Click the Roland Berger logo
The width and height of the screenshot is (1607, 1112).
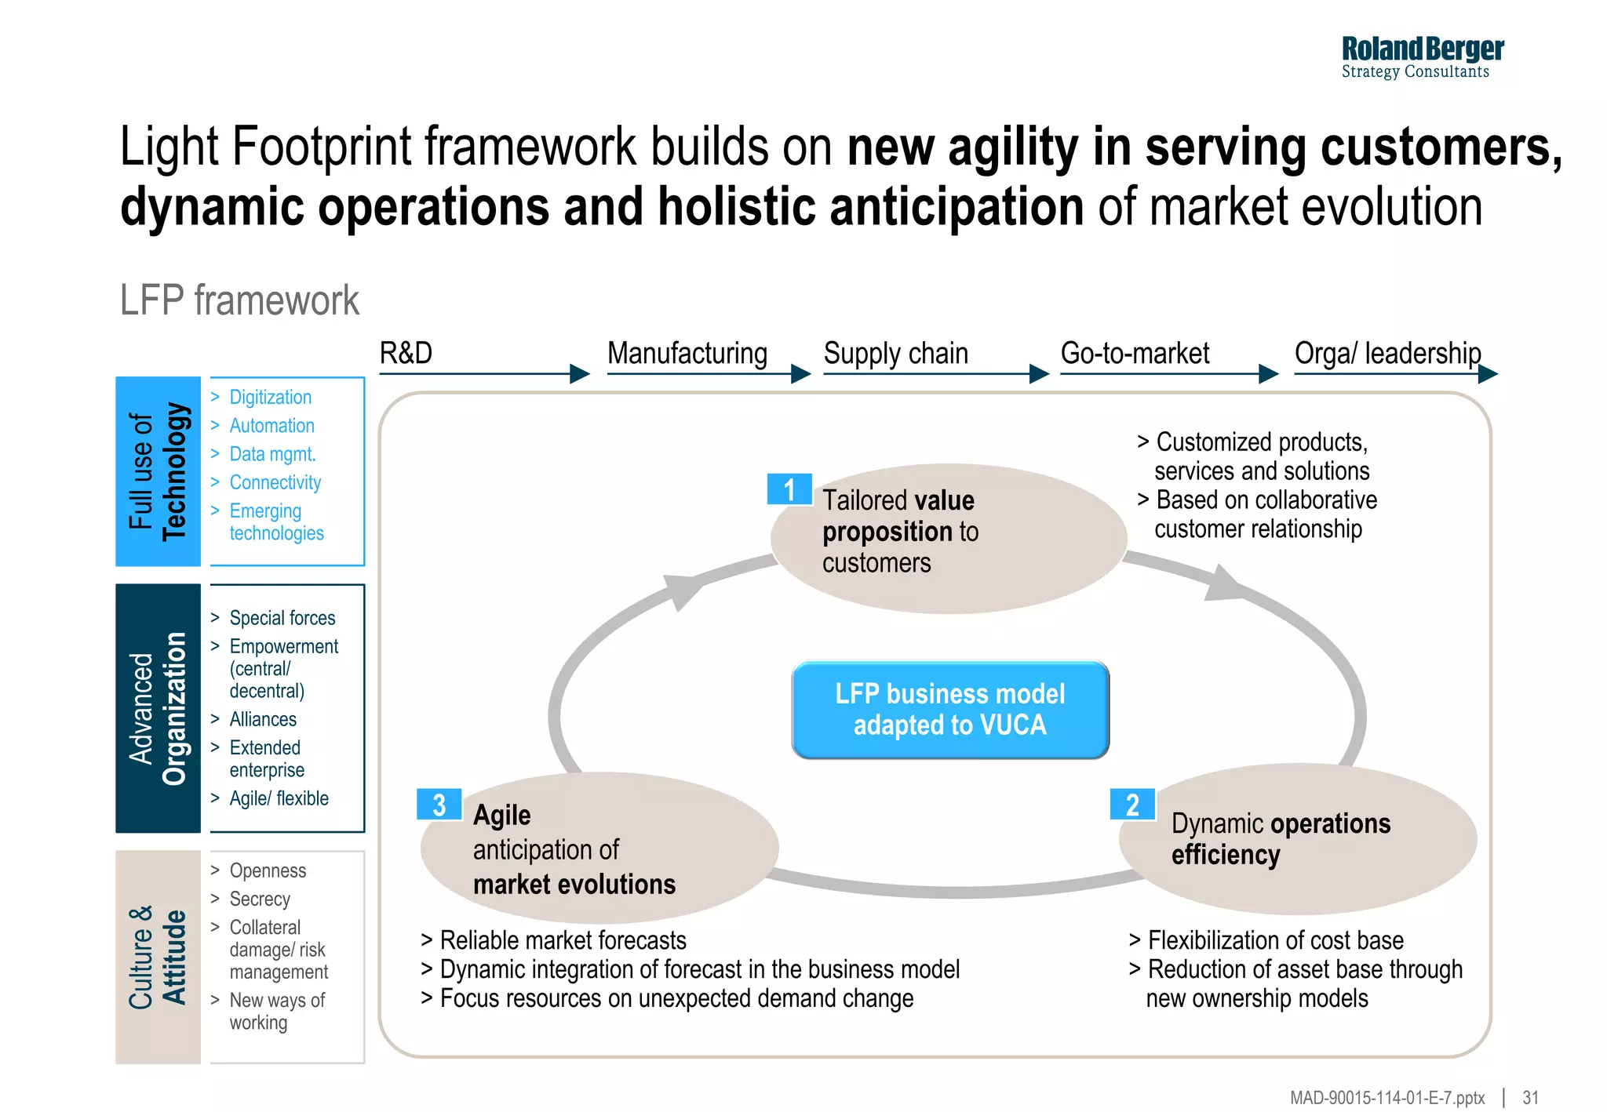1422,57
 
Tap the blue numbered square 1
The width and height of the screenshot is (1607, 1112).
789,489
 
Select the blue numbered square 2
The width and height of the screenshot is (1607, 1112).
1131,805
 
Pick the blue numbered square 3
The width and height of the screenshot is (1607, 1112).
439,805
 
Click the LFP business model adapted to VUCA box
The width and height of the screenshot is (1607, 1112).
949,710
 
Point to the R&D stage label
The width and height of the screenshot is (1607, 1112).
406,354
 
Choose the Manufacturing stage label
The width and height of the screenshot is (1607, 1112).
687,354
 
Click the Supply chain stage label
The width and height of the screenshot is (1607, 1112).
895,354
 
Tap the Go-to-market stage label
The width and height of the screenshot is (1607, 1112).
1135,354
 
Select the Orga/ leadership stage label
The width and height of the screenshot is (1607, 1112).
1387,354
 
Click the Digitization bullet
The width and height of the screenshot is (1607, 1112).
270,398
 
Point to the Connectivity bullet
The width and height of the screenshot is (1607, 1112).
275,482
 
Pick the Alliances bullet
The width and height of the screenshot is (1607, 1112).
263,719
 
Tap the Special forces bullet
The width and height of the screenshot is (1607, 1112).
282,618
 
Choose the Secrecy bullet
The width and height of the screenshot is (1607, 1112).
260,899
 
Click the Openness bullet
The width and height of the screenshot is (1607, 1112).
268,870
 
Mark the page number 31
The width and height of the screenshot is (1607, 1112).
1530,1098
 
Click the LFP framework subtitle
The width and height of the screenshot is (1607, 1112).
239,300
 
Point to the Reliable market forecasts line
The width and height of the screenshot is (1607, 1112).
562,940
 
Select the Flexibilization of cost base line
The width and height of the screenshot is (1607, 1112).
1274,940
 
